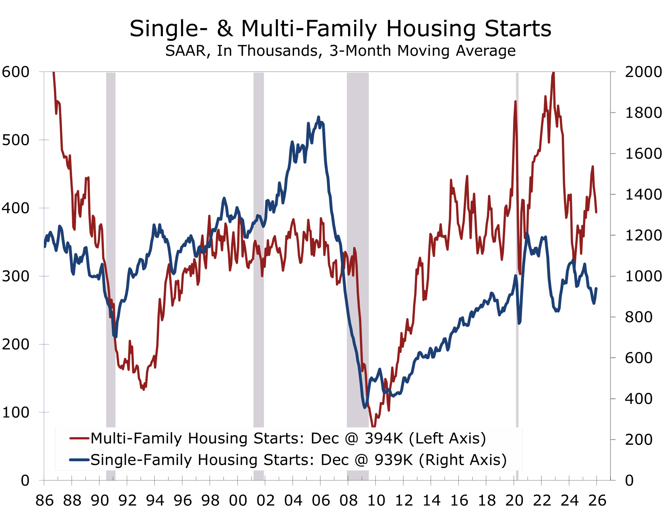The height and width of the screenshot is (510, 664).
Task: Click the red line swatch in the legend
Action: (79, 438)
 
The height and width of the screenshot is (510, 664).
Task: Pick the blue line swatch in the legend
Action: (79, 460)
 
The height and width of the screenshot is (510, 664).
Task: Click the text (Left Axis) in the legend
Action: (448, 439)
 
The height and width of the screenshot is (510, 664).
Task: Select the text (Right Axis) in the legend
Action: (463, 460)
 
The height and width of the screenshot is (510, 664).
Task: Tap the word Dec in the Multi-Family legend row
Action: (325, 439)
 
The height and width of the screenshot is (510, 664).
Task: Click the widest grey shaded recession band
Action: (358, 243)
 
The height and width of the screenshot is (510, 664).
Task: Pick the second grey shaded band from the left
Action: (259, 243)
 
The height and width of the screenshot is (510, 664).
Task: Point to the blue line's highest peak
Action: (318, 117)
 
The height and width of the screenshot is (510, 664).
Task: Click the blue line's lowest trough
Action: (365, 407)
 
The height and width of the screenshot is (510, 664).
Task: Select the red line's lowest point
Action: (374, 426)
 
